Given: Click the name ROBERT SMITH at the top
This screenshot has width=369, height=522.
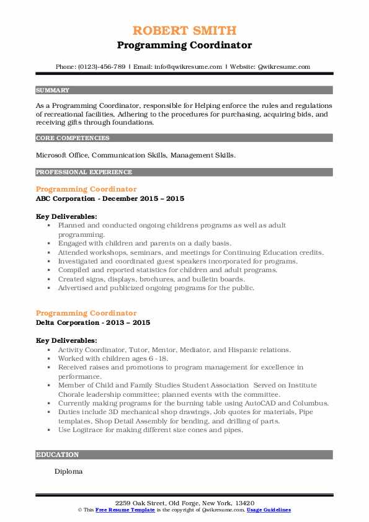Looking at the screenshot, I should click(x=184, y=31).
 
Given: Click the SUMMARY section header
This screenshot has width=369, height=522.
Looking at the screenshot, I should click(x=53, y=90).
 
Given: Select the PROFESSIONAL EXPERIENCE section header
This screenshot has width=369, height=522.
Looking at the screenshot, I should click(x=84, y=172).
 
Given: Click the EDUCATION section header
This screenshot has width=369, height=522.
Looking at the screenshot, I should click(x=58, y=454).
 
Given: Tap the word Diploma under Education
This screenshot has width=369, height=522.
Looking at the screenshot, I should click(x=68, y=471).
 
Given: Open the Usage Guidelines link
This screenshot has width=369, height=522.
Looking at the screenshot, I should click(x=268, y=509).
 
